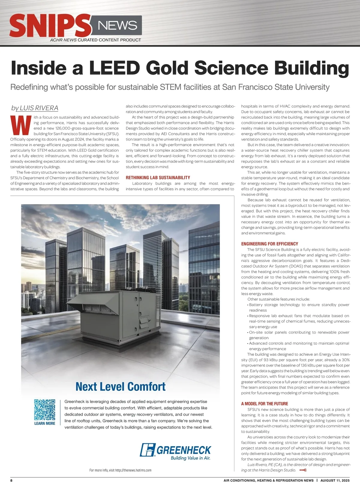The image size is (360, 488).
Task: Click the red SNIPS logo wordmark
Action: [49, 26]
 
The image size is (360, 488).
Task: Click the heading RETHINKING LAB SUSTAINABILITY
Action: [158, 178]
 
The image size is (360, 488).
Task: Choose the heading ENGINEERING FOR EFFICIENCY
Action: [269, 244]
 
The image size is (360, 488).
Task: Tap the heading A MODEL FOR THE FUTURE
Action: [264, 404]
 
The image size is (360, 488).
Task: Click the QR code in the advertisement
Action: [45, 409]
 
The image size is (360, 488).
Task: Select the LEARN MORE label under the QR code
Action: [45, 424]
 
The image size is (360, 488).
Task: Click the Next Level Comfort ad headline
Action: [120, 387]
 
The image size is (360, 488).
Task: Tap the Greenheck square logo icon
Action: [148, 450]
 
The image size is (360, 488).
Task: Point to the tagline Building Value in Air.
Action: [190, 458]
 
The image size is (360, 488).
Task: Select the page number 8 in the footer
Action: [11, 481]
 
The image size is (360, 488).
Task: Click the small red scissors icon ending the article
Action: [302, 470]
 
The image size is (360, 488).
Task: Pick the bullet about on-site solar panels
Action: [299, 335]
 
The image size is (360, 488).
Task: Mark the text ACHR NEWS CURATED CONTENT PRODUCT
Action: [95, 40]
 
